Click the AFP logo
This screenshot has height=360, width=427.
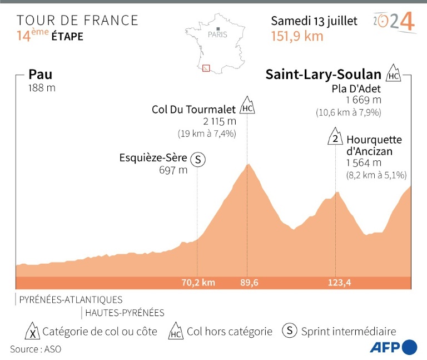[393, 346]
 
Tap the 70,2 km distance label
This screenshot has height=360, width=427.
[198, 283]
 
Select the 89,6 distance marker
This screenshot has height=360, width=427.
[249, 283]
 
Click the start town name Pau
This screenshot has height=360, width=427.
[40, 75]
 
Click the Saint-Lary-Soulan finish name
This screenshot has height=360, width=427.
[323, 75]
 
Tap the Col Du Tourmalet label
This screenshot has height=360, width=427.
[194, 109]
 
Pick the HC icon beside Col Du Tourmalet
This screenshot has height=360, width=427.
[247, 106]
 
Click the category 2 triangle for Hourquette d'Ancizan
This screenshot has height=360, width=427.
[335, 137]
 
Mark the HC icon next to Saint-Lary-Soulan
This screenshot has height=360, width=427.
[394, 73]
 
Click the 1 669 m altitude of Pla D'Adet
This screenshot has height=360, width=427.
[364, 100]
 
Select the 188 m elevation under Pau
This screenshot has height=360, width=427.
[42, 88]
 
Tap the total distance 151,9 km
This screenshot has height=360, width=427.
[297, 36]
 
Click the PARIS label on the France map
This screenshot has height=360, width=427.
[217, 34]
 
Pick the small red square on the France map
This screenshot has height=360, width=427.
[206, 68]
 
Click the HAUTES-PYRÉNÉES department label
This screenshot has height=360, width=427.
[125, 313]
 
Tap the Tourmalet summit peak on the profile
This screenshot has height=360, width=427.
[249, 164]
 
